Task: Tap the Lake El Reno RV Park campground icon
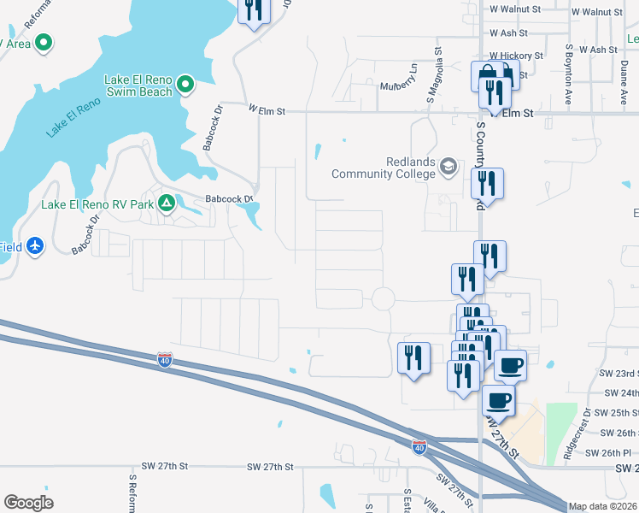click(167, 204)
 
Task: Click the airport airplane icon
click(35, 246)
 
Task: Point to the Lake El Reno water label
click(73, 116)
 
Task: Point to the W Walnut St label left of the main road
click(514, 10)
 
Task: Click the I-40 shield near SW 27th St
click(419, 447)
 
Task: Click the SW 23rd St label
click(618, 374)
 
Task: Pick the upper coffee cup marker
click(511, 366)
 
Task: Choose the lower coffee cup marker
click(499, 400)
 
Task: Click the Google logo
click(28, 503)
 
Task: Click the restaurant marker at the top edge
click(255, 10)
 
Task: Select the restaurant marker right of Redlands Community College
click(487, 183)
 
